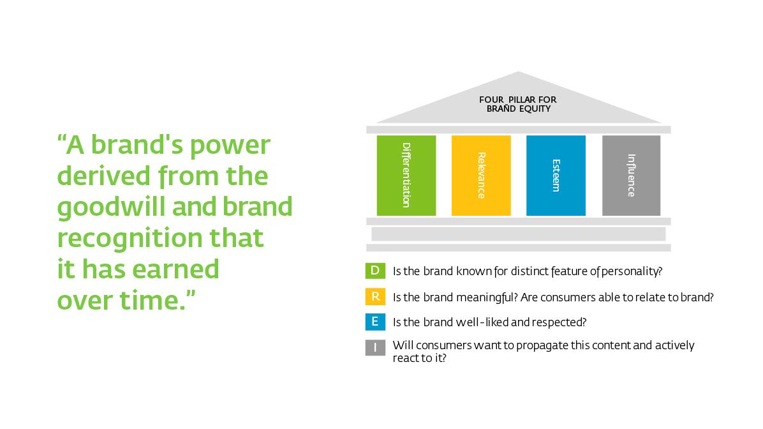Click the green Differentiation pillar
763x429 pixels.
click(x=406, y=176)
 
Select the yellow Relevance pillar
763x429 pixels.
click(x=481, y=176)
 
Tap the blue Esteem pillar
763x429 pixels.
click(x=556, y=176)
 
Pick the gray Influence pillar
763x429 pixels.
click(x=631, y=176)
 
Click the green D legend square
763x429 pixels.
click(x=375, y=271)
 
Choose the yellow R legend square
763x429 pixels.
click(x=375, y=297)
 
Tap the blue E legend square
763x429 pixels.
click(x=375, y=322)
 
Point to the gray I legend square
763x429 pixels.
click(x=375, y=348)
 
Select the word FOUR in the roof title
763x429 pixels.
click(x=491, y=100)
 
